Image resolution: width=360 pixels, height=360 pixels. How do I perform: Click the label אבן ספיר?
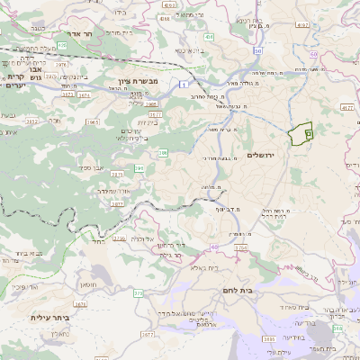click(94, 167)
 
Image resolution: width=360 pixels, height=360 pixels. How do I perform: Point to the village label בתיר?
click(98, 241)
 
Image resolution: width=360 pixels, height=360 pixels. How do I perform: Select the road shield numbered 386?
click(163, 154)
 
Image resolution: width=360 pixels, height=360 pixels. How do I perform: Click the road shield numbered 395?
click(140, 168)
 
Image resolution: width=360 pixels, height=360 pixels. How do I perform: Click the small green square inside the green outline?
click(308, 133)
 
